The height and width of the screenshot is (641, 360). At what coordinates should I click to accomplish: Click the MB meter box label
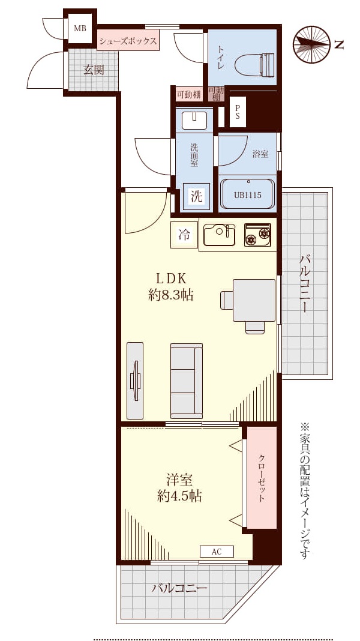point(80,29)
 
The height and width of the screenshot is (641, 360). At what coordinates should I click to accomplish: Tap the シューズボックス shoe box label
point(128,41)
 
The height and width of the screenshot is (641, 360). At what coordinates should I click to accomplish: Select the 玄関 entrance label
point(94,70)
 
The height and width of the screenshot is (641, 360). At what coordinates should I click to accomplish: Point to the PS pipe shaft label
point(238,112)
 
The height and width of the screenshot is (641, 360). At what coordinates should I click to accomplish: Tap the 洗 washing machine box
point(197,197)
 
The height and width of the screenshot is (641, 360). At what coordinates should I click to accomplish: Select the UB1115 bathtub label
point(248,195)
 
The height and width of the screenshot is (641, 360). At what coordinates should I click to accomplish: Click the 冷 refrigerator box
point(184,235)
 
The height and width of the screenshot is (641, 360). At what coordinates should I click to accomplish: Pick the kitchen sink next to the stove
point(220,235)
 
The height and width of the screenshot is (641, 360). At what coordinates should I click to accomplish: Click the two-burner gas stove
point(257,235)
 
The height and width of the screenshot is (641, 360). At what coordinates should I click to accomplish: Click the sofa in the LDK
point(187,381)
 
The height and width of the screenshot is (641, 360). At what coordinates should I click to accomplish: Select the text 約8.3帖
point(171,295)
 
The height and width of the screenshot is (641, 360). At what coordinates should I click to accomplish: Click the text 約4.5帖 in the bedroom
point(180,496)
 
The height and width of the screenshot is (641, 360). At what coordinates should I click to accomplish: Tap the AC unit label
point(217,552)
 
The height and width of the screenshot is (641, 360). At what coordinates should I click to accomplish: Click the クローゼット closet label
point(262,478)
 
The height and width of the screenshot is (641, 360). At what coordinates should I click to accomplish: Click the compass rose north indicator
point(312,44)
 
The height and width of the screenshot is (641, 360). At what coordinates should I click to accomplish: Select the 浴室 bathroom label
point(260,154)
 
